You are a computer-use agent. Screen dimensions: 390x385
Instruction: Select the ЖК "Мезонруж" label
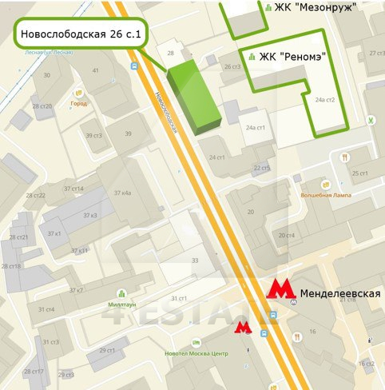(300, 9)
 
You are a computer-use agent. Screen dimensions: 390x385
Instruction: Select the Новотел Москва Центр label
(196, 354)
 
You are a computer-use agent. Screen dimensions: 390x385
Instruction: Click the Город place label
(79, 103)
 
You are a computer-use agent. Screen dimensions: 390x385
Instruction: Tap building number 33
(194, 261)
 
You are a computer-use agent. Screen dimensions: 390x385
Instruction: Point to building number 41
(96, 70)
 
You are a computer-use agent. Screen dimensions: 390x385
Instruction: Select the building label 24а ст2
(324, 100)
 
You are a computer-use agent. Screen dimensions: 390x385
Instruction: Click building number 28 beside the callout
(170, 54)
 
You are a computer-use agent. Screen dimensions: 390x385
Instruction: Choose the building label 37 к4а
(122, 193)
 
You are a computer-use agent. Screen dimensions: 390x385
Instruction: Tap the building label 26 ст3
(232, 66)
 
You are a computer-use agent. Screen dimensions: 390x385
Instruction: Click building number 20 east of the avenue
(251, 211)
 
